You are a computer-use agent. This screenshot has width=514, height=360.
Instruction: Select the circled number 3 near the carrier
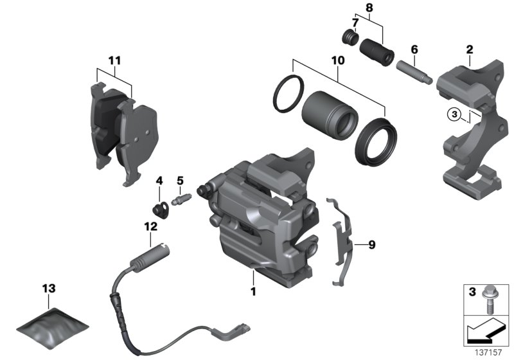tap(454, 114)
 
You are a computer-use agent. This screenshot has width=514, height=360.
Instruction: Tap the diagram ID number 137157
tap(493, 352)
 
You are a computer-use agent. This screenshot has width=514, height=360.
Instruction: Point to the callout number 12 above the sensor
tap(150, 226)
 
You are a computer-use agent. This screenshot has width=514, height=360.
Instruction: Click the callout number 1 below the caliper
tap(253, 291)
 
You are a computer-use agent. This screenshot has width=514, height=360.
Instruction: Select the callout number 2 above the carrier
tap(470, 49)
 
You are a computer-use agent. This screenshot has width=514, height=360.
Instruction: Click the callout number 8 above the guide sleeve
tap(368, 8)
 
